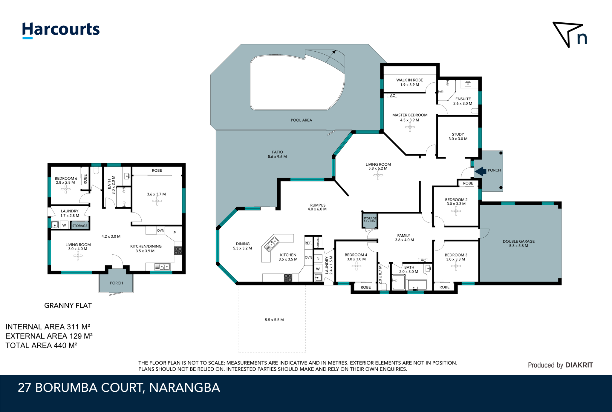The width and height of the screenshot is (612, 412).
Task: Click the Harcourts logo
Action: coord(61,30)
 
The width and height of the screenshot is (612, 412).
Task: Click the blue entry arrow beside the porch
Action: coord(481,171)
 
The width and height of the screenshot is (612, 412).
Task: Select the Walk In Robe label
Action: coord(410,80)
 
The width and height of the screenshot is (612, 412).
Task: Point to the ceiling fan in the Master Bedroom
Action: coord(410,127)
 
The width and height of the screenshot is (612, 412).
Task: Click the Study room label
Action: coord(458,134)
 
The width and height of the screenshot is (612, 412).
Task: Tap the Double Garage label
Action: coord(519,241)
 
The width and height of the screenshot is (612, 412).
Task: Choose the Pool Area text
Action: coord(301,120)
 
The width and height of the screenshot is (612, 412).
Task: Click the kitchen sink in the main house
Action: coord(272,244)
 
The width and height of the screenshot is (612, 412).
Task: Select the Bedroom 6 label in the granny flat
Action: coord(66,178)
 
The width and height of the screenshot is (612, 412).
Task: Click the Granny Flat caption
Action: coord(68,305)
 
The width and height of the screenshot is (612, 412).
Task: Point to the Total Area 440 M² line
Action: coord(42,345)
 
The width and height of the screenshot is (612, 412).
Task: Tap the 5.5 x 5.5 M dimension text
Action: coord(274,320)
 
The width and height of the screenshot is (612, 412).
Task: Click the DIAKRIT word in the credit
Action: coord(579,365)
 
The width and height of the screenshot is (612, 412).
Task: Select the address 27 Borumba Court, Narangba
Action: coord(119,388)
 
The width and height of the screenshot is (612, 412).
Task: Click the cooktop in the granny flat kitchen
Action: coord(178,250)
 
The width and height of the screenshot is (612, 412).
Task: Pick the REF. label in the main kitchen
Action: coord(308,243)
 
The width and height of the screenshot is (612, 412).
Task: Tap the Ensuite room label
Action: coord(463,99)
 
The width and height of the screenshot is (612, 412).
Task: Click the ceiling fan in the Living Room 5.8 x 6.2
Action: coord(378,175)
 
